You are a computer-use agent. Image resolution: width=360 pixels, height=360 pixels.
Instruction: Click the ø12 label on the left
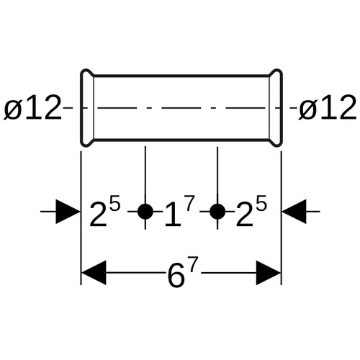pyautogui.click(x=32, y=107)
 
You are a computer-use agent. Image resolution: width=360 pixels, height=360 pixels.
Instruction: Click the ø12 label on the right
pyautogui.click(x=328, y=107)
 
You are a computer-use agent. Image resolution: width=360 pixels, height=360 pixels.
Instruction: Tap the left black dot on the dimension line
pyautogui.click(x=145, y=212)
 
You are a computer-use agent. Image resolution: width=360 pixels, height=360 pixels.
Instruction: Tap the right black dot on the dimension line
pyautogui.click(x=217, y=212)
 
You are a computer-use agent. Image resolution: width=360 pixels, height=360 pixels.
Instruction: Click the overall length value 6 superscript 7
pyautogui.click(x=183, y=271)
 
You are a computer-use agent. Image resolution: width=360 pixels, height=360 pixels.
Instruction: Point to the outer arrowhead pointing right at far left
pyautogui.click(x=68, y=212)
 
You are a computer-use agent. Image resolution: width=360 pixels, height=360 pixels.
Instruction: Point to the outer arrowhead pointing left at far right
pyautogui.click(x=294, y=212)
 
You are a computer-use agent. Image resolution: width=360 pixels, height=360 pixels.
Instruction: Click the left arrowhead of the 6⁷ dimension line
pyautogui.click(x=94, y=273)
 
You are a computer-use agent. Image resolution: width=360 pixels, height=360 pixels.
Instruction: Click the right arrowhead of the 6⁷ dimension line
pyautogui.click(x=269, y=273)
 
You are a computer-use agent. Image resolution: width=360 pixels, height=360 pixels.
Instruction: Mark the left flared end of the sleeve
pyautogui.click(x=87, y=107)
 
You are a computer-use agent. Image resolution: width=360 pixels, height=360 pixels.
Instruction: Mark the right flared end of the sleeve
pyautogui.click(x=276, y=107)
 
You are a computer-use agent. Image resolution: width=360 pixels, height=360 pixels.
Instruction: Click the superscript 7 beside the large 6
pyautogui.click(x=192, y=264)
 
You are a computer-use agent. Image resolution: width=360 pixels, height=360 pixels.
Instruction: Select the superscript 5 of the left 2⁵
pyautogui.click(x=115, y=203)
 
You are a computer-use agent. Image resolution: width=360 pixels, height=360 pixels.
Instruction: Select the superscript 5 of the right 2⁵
pyautogui.click(x=262, y=203)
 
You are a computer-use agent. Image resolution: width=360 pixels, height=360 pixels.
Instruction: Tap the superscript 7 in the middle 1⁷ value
pyautogui.click(x=189, y=203)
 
